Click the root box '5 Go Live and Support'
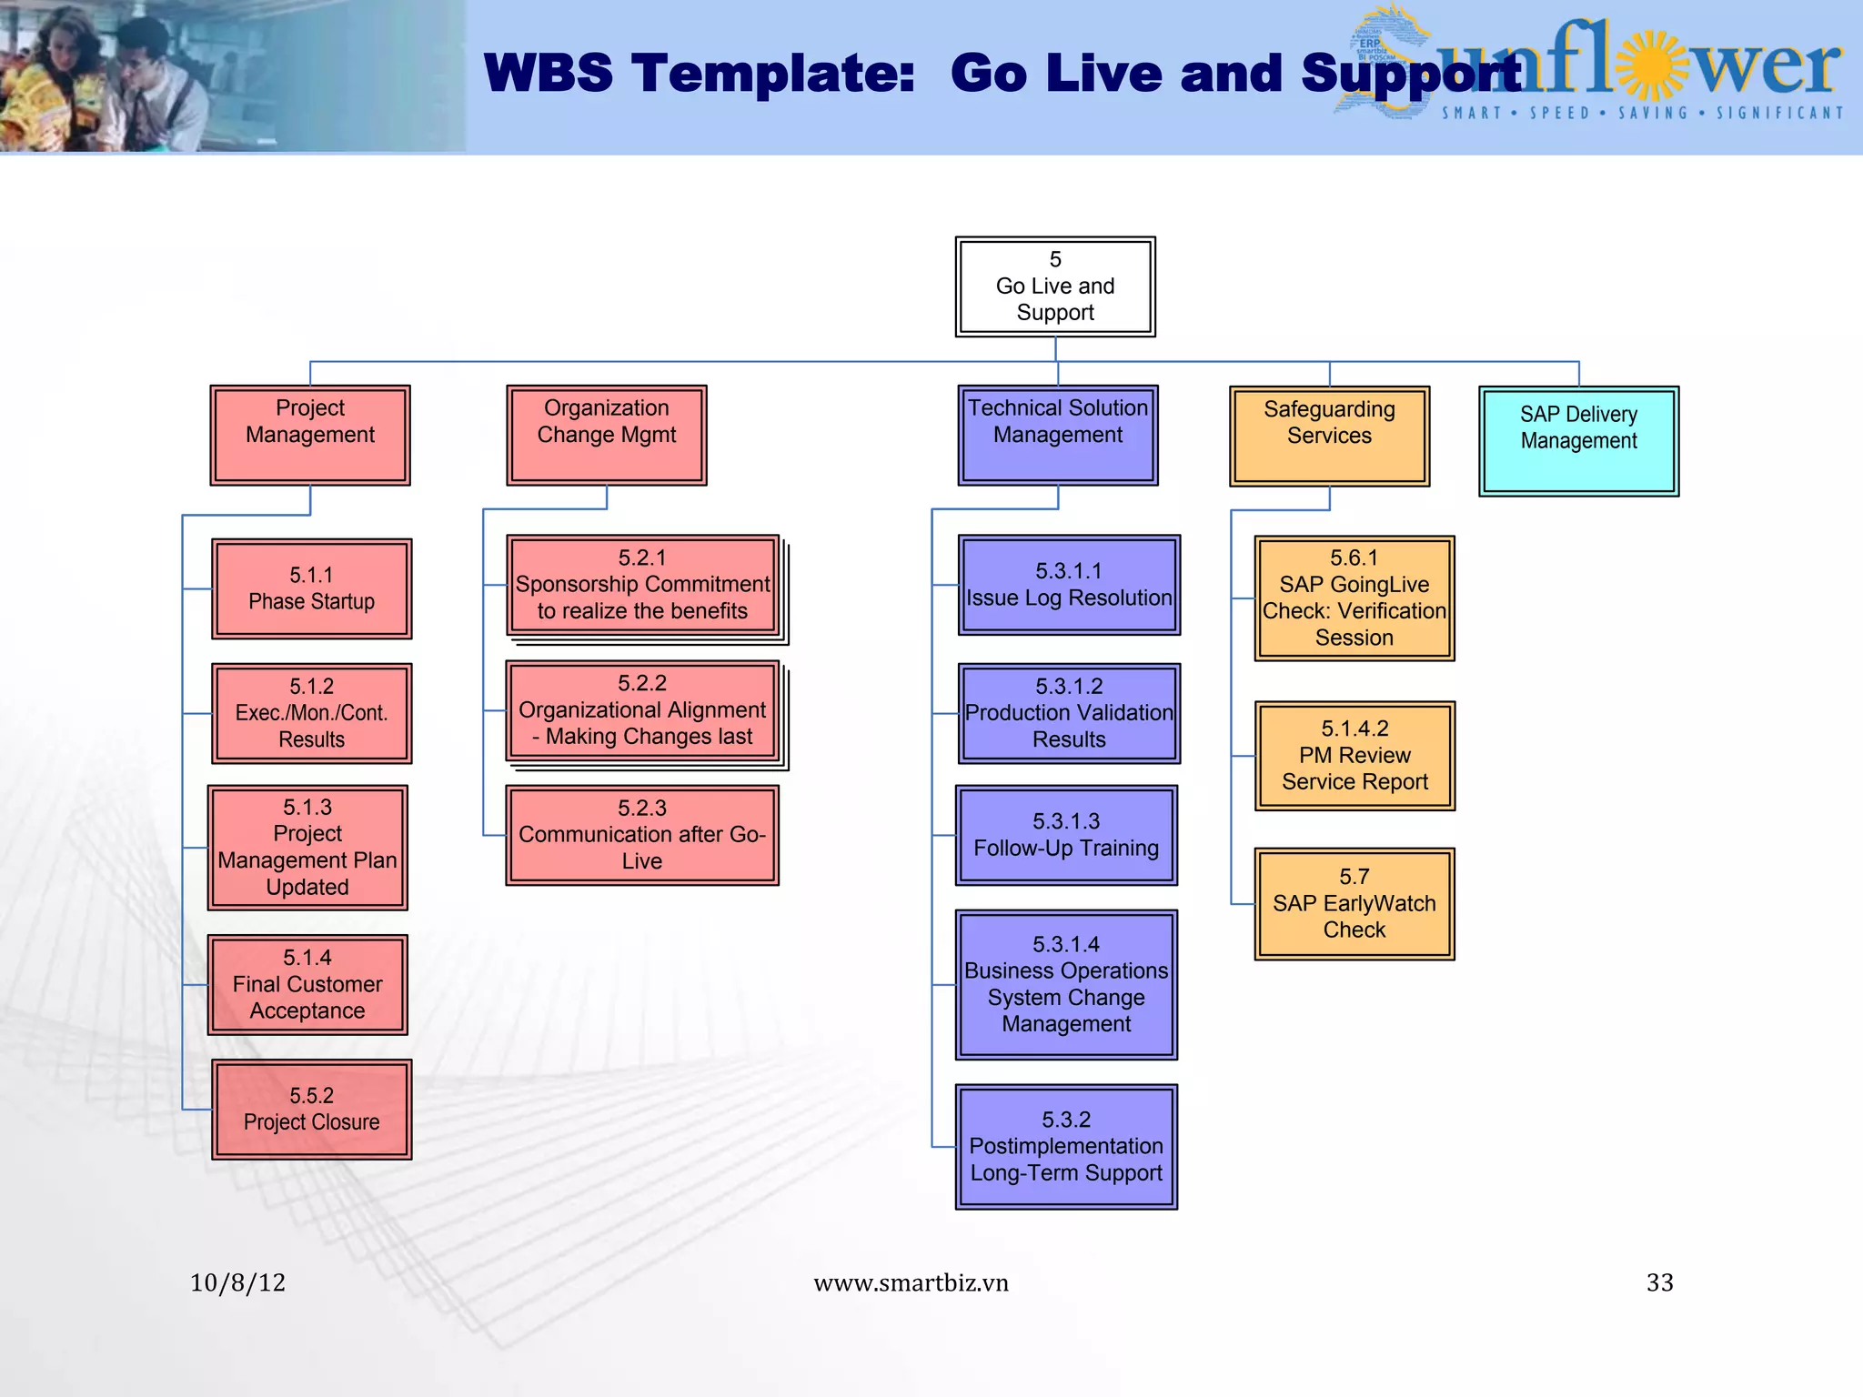pyautogui.click(x=1055, y=286)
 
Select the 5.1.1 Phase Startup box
pyautogui.click(x=311, y=588)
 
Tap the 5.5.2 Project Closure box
pyautogui.click(x=311, y=1109)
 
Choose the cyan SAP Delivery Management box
pyautogui.click(x=1578, y=440)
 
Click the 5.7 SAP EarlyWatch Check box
pyautogui.click(x=1354, y=903)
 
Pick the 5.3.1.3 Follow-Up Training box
pyautogui.click(x=1066, y=835)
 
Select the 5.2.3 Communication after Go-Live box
pyautogui.click(x=642, y=835)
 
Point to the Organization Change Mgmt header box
pyautogui.click(x=606, y=435)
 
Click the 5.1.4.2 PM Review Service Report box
pyautogui.click(x=1354, y=755)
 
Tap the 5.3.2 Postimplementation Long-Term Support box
pyautogui.click(x=1066, y=1146)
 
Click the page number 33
pyautogui.click(x=1659, y=1282)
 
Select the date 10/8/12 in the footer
pyautogui.click(x=237, y=1282)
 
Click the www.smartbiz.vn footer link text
pyautogui.click(x=911, y=1282)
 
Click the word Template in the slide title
pyautogui.click(x=773, y=73)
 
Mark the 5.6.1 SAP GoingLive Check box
pyautogui.click(x=1354, y=598)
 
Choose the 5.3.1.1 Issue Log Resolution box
pyautogui.click(x=1069, y=585)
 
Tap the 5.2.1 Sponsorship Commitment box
pyautogui.click(x=642, y=585)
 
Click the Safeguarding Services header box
pyautogui.click(x=1329, y=436)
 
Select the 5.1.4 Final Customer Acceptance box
pyautogui.click(x=307, y=984)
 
